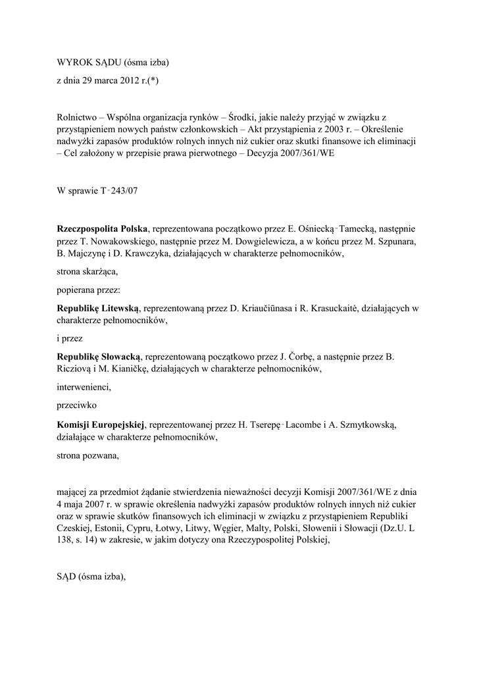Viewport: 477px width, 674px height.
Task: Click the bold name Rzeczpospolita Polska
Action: click(x=103, y=228)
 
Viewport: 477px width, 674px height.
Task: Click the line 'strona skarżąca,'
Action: click(x=87, y=271)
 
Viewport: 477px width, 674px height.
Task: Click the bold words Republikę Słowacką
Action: click(x=98, y=357)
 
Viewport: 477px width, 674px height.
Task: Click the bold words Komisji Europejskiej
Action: click(x=101, y=423)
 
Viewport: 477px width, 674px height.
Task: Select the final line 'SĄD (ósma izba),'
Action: click(x=91, y=576)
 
